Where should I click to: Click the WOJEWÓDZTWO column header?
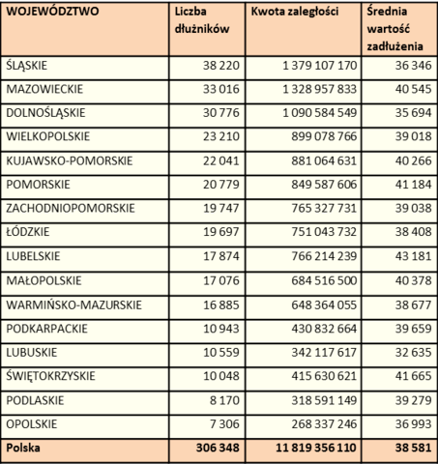tap(52, 12)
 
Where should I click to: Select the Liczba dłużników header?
tap(202, 20)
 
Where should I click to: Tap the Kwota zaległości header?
tap(295, 12)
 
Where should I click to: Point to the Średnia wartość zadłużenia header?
tap(394, 29)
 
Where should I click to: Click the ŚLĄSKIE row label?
tap(27, 66)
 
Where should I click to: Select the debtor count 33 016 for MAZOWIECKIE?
tap(221, 89)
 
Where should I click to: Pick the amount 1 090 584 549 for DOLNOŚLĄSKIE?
tap(320, 113)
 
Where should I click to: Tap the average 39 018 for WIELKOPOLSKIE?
tap(414, 136)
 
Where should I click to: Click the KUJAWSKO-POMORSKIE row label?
tap(70, 160)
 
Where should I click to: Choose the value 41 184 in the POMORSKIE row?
tap(414, 185)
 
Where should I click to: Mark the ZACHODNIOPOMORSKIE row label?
tap(71, 208)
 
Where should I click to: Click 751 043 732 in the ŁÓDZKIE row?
tap(324, 232)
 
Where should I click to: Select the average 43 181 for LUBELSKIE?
tap(414, 256)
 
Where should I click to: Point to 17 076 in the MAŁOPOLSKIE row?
tap(221, 280)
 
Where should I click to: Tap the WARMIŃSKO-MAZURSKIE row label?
tap(73, 304)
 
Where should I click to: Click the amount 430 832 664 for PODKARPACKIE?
tap(324, 329)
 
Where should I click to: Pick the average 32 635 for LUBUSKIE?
tap(414, 352)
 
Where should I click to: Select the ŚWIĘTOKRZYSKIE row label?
tap(50, 376)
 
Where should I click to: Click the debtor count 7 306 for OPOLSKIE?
tap(224, 424)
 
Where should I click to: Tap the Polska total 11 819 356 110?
tap(316, 448)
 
